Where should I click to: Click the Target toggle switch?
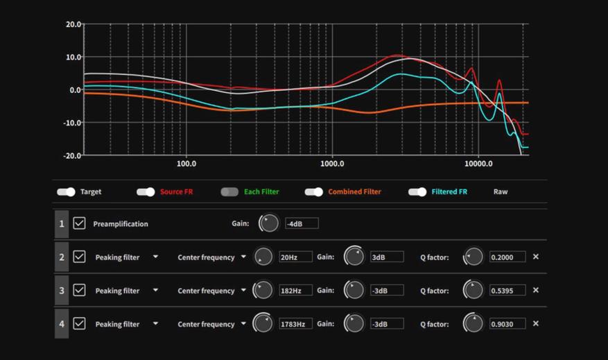click(x=66, y=191)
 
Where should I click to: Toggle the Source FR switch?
click(x=146, y=191)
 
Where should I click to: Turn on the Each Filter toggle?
click(x=229, y=191)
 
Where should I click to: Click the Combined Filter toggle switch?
click(x=314, y=191)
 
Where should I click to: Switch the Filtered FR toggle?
click(x=417, y=191)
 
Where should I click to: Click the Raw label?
click(x=501, y=191)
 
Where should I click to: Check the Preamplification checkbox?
click(x=80, y=223)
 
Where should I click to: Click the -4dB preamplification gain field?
click(x=302, y=223)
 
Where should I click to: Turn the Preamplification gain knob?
click(x=268, y=223)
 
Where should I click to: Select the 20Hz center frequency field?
click(x=295, y=257)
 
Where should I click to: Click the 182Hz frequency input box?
click(x=295, y=291)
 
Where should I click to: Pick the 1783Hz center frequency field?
click(x=295, y=324)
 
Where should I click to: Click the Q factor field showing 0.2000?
click(x=507, y=257)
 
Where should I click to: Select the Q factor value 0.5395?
click(x=507, y=291)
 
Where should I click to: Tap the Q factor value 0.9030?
click(x=507, y=324)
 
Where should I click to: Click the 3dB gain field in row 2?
click(x=386, y=257)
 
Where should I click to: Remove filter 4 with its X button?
click(x=536, y=324)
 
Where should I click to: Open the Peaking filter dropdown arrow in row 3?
click(x=155, y=291)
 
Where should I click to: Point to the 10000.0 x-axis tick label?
click(x=478, y=164)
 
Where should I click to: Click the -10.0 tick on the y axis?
click(x=72, y=123)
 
